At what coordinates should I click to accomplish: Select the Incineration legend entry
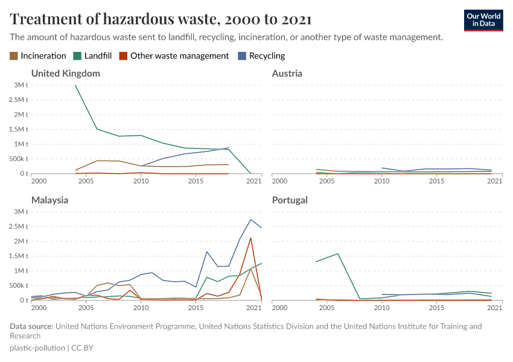point(38,56)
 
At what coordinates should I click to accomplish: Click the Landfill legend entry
point(96,56)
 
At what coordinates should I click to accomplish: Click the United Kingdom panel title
point(65,74)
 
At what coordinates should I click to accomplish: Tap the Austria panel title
point(287,74)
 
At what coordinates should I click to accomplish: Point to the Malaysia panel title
point(49,200)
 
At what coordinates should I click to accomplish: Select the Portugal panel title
point(290,200)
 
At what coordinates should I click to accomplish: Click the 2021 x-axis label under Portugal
point(494,308)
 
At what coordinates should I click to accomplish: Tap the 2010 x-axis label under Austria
point(382,181)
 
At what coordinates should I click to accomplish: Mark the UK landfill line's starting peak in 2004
point(75,85)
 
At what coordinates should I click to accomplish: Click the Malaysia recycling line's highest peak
point(250,219)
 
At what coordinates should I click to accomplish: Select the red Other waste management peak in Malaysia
point(250,238)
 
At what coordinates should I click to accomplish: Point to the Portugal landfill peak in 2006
point(338,253)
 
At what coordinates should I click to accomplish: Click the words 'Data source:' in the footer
point(31,326)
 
